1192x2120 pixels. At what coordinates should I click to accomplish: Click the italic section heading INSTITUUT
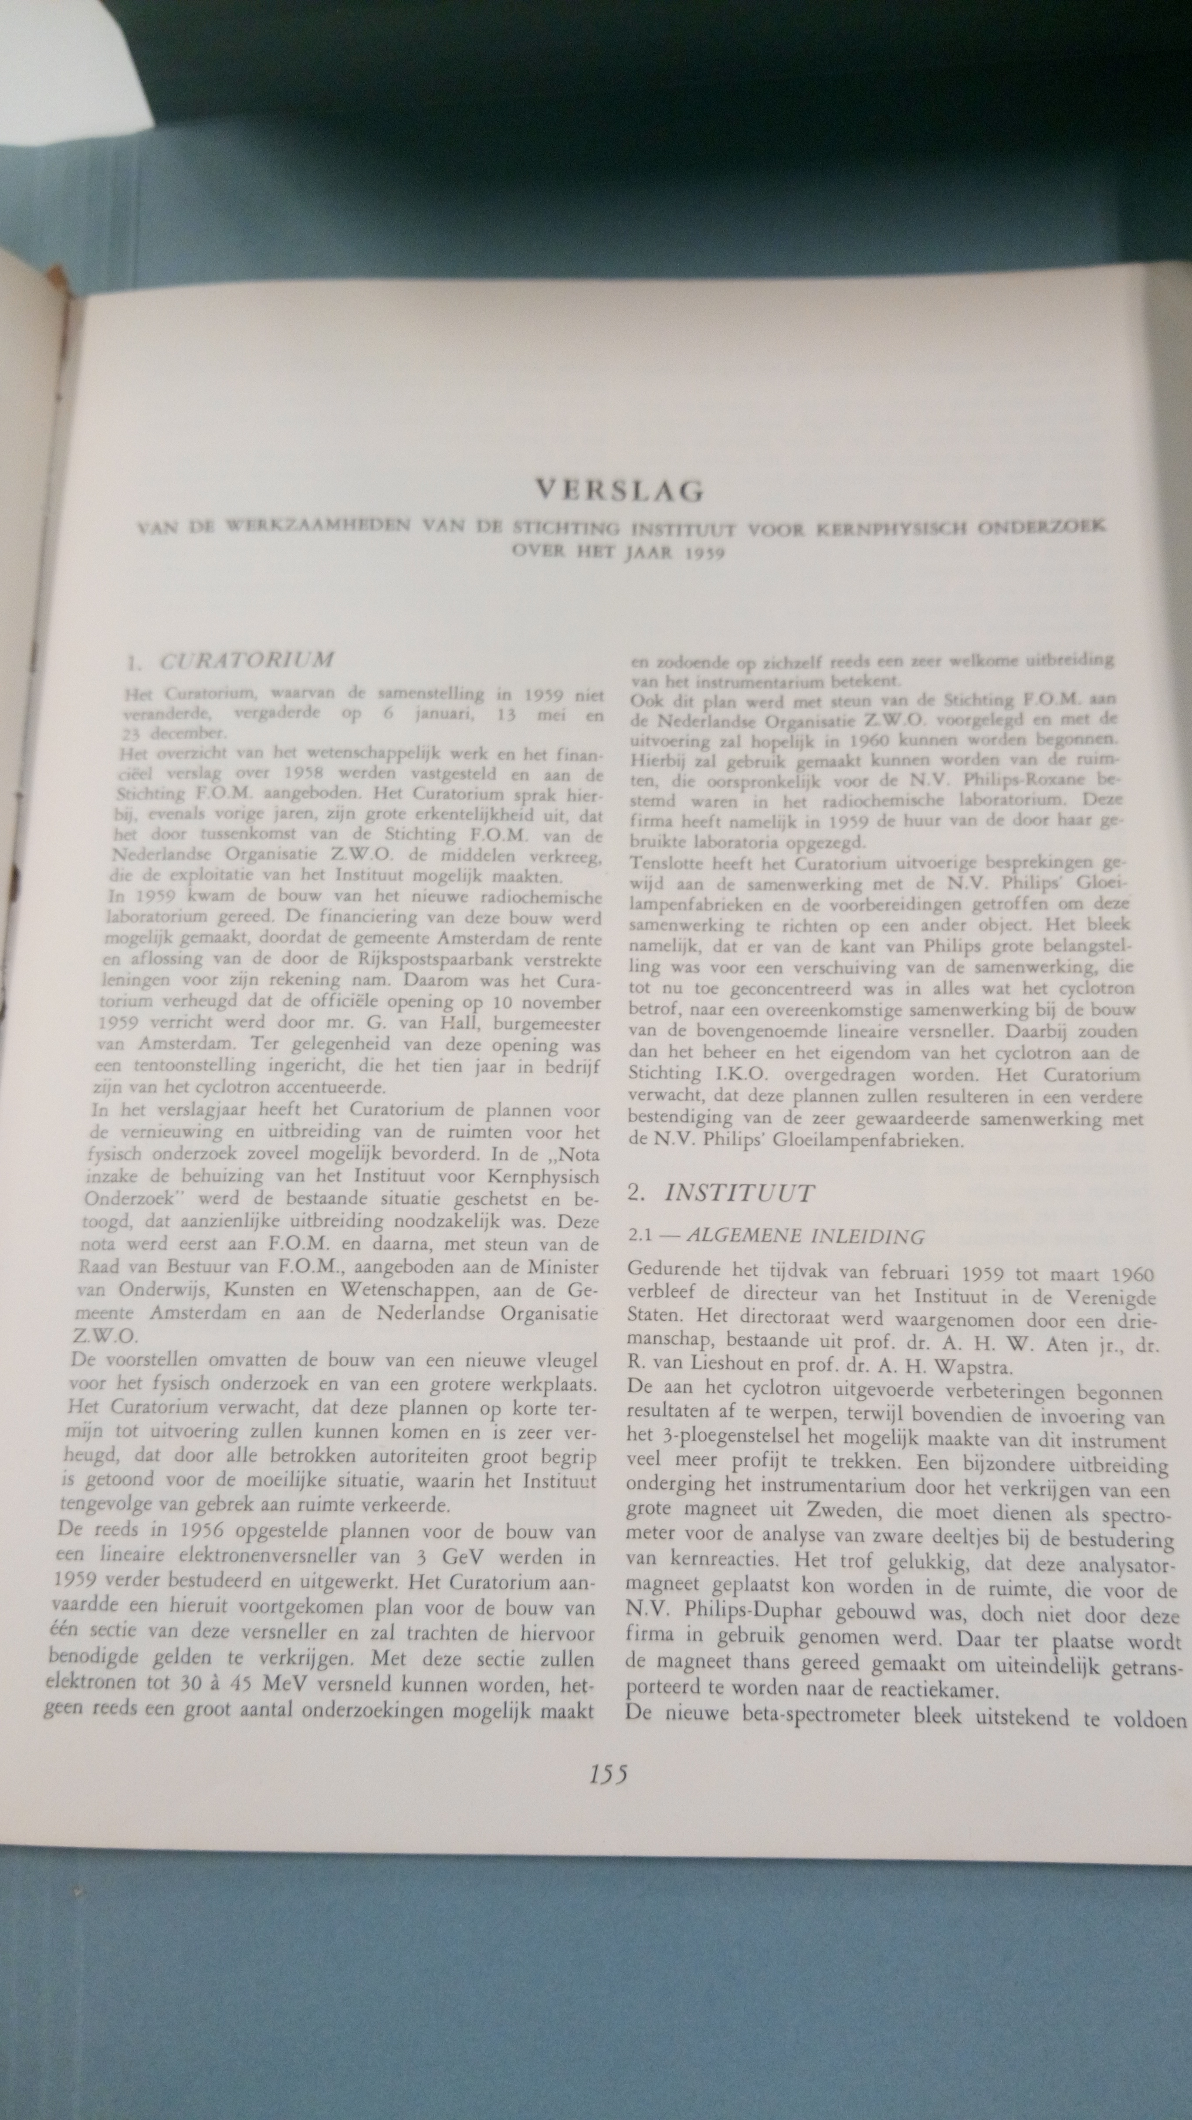739,1194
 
